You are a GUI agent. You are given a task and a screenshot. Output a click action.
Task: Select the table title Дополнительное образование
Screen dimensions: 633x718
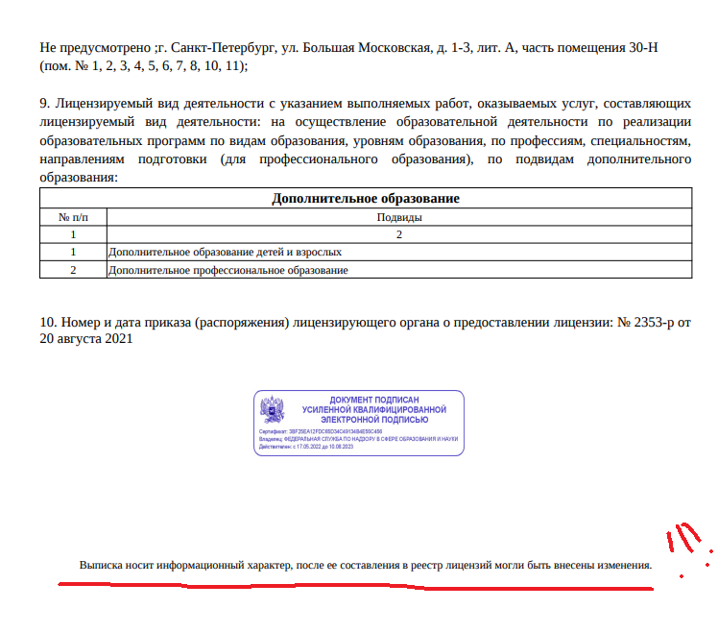point(365,199)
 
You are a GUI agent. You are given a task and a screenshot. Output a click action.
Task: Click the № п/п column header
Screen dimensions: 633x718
point(73,217)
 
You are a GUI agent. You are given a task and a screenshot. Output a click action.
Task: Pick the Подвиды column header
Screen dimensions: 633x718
point(398,217)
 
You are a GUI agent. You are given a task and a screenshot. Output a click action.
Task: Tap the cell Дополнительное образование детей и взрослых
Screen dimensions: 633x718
point(226,252)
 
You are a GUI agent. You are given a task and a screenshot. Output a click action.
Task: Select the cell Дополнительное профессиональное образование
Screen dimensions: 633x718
point(228,270)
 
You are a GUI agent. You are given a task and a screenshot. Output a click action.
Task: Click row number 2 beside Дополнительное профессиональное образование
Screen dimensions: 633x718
point(73,270)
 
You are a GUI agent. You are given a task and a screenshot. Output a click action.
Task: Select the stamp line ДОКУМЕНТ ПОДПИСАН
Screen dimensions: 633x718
point(373,400)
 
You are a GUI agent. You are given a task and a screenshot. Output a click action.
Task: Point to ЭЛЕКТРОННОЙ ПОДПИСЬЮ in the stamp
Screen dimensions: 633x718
point(373,420)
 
